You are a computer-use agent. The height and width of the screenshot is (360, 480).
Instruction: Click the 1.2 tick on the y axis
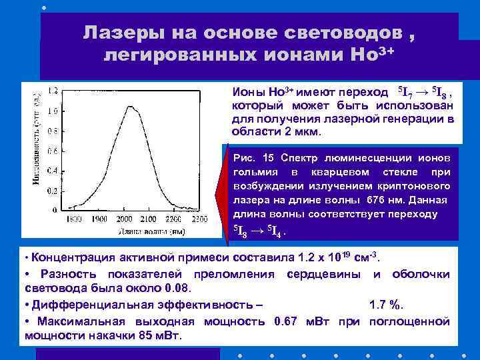tap(51, 89)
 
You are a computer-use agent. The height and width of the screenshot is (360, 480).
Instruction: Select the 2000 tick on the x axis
tap(125, 219)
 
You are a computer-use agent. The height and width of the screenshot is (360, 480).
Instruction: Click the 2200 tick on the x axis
tap(173, 219)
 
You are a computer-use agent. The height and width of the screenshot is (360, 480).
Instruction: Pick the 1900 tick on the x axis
tap(101, 219)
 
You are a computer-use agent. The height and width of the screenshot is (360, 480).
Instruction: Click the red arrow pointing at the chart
tap(220, 195)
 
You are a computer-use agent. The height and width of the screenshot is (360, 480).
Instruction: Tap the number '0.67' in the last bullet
tap(285, 321)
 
